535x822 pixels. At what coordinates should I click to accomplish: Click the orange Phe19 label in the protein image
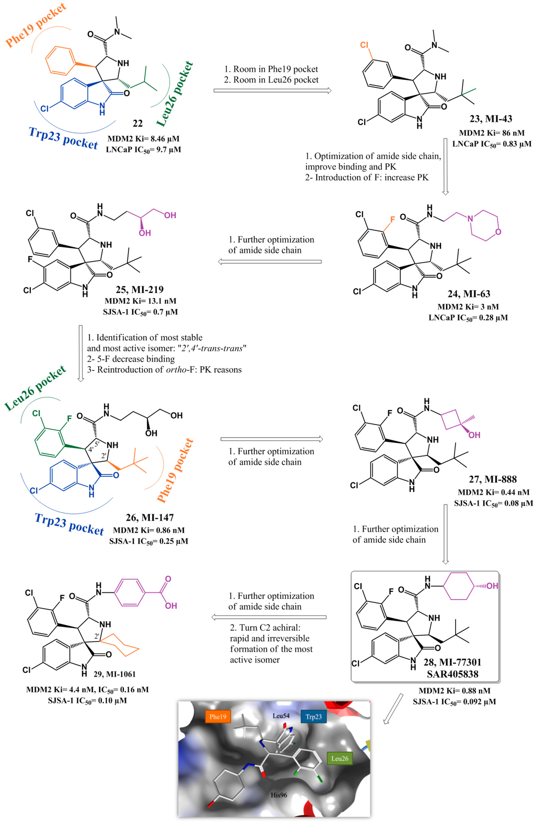pyautogui.click(x=218, y=716)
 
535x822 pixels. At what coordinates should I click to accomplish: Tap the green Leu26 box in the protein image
pyautogui.click(x=340, y=758)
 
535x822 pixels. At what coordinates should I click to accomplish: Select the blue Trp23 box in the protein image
pyautogui.click(x=313, y=716)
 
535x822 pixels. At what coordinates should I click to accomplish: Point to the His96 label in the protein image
pyautogui.click(x=278, y=795)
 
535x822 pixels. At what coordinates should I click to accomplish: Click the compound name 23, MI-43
pyautogui.click(x=491, y=119)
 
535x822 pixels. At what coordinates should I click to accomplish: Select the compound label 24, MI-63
pyautogui.click(x=469, y=294)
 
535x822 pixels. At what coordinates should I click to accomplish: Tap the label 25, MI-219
pyautogui.click(x=139, y=289)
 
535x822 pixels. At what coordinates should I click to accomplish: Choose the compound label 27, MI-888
pyautogui.click(x=493, y=479)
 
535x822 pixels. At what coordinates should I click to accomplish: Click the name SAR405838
pyautogui.click(x=452, y=674)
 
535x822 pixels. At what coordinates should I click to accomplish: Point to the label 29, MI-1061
pyautogui.click(x=114, y=674)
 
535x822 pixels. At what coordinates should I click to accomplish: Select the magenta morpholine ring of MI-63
pyautogui.click(x=485, y=225)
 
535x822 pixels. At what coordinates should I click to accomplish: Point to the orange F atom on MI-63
pyautogui.click(x=392, y=220)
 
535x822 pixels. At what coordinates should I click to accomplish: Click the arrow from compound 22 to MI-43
pyautogui.click(x=272, y=91)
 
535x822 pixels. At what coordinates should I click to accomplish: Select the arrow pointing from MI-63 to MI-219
pyautogui.click(x=270, y=261)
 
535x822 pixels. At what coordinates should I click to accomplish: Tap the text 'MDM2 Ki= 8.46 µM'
pyautogui.click(x=143, y=139)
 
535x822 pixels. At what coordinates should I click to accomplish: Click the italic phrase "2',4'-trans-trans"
pyautogui.click(x=213, y=348)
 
